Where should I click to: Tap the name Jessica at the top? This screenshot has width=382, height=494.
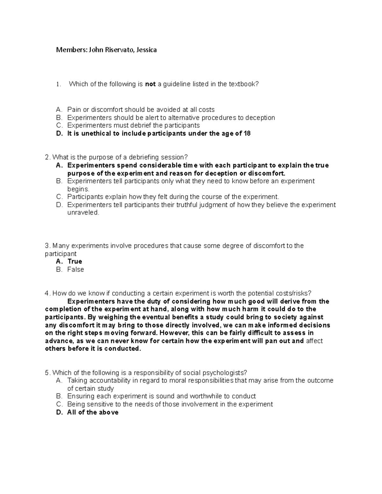146,50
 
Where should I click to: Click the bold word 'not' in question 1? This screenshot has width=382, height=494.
150,84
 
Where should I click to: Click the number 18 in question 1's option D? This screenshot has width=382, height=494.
247,134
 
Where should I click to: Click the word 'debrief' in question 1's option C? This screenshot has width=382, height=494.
141,126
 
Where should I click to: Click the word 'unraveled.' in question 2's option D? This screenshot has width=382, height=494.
83,212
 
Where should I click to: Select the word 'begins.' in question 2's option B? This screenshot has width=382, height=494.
76,189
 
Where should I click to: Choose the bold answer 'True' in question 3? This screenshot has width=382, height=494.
75,261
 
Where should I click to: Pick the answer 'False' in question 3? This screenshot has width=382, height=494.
75,269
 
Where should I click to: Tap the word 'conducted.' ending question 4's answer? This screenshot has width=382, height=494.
123,349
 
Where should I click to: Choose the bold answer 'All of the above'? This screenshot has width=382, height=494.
93,412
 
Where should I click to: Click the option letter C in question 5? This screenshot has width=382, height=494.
59,404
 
